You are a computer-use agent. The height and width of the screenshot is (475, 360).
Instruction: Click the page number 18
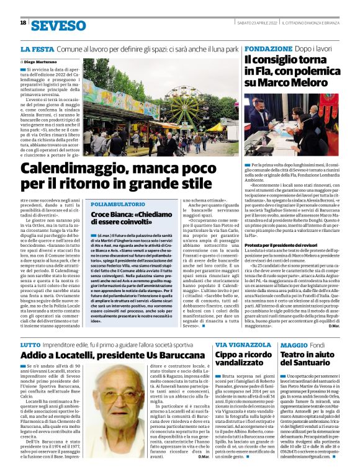23,23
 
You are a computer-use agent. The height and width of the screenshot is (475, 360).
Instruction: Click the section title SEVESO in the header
58,25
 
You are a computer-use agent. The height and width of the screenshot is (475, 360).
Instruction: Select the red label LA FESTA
36,48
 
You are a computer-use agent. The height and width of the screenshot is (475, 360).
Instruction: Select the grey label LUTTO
30,344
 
